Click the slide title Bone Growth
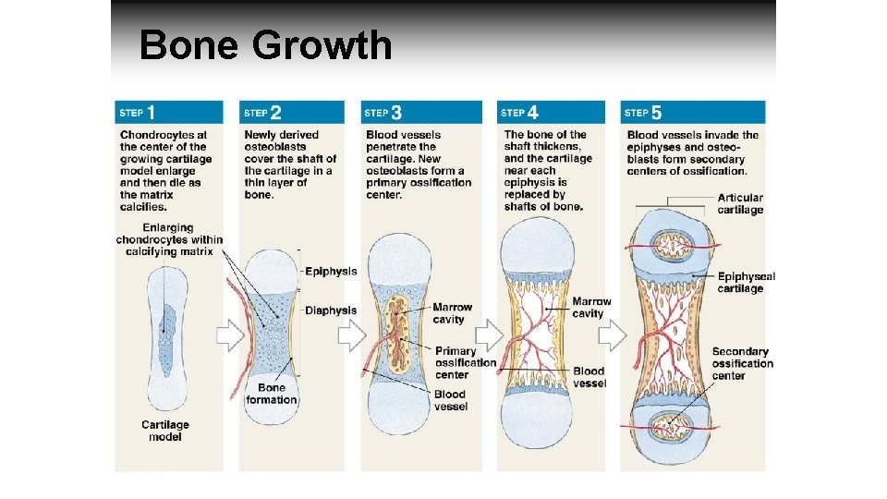click(x=265, y=45)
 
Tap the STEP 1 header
click(x=138, y=113)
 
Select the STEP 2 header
click(x=263, y=113)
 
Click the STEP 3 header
click(x=383, y=113)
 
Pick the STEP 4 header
click(x=519, y=113)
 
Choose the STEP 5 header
click(x=643, y=113)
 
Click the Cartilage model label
click(x=165, y=431)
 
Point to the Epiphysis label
click(x=331, y=272)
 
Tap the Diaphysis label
click(x=331, y=310)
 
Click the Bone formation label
click(x=272, y=394)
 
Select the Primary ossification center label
click(x=465, y=362)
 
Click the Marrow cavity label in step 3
click(x=452, y=313)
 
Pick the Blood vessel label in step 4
click(x=589, y=377)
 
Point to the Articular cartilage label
click(x=740, y=203)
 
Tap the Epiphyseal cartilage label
click(x=746, y=282)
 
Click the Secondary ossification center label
click(x=742, y=363)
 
